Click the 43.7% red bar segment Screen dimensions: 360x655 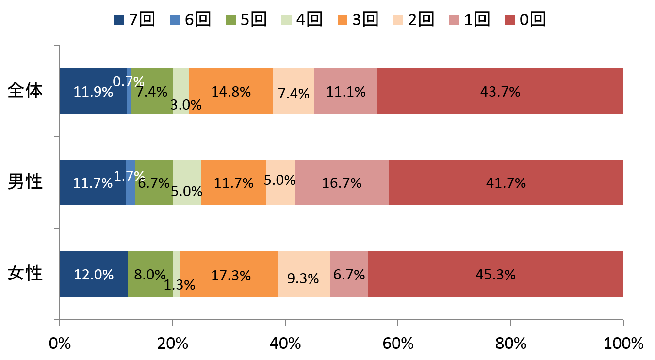500,91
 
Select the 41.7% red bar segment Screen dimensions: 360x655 506,182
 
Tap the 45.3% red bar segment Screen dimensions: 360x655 495,274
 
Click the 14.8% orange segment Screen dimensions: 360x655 230,91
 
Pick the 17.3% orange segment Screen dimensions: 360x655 229,274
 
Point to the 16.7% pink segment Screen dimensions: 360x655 341,182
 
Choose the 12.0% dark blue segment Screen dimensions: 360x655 93,274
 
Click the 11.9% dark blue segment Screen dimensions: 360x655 93,91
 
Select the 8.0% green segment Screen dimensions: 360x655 150,274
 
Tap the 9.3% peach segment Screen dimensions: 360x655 304,274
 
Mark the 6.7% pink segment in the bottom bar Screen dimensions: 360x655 349,274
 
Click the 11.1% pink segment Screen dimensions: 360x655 345,91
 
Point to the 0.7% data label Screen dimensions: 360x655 129,82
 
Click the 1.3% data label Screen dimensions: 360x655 179,285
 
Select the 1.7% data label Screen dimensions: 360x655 130,176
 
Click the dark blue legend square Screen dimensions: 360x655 119,20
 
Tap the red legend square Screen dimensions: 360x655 510,20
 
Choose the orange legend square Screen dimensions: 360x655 343,20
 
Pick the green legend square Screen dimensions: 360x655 230,20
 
